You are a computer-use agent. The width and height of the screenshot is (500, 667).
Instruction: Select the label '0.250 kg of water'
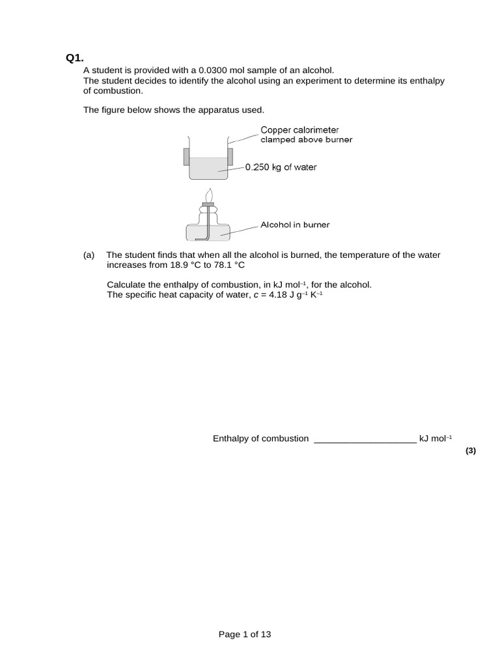coord(281,167)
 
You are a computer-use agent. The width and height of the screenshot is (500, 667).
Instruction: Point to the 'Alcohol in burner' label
coord(295,225)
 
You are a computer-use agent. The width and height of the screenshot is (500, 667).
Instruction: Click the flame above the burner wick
coord(208,195)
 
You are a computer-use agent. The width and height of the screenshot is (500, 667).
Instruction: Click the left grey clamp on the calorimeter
coord(186,157)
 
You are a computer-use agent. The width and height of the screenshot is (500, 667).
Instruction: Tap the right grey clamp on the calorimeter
coord(229,157)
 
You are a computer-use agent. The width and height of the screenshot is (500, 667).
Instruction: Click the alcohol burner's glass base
coord(208,231)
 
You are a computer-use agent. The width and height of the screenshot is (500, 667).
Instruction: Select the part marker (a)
coord(89,255)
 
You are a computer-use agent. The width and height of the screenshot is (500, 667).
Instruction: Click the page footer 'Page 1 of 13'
coord(245,634)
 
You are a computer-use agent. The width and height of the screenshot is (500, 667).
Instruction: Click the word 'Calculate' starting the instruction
coord(125,285)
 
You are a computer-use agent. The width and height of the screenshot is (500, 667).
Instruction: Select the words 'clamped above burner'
coord(306,140)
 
